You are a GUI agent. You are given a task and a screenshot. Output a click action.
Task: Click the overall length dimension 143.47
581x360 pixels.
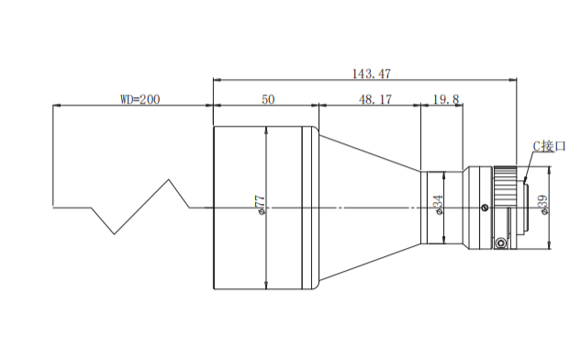371,73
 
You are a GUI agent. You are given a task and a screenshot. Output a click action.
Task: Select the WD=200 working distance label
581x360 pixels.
140,99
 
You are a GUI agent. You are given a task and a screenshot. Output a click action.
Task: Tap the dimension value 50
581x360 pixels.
268,99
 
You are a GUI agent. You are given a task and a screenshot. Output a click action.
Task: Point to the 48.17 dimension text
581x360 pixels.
375,99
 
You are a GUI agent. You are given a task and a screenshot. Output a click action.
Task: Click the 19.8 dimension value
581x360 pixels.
446,99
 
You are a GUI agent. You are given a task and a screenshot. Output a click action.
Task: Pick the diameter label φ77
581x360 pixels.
261,205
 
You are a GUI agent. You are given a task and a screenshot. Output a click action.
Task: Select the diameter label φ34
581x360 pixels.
438,204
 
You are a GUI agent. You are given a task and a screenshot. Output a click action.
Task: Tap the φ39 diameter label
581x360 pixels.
543,205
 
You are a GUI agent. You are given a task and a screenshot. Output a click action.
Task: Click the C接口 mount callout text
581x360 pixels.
549,146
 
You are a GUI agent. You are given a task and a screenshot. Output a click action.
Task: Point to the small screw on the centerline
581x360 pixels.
485,208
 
